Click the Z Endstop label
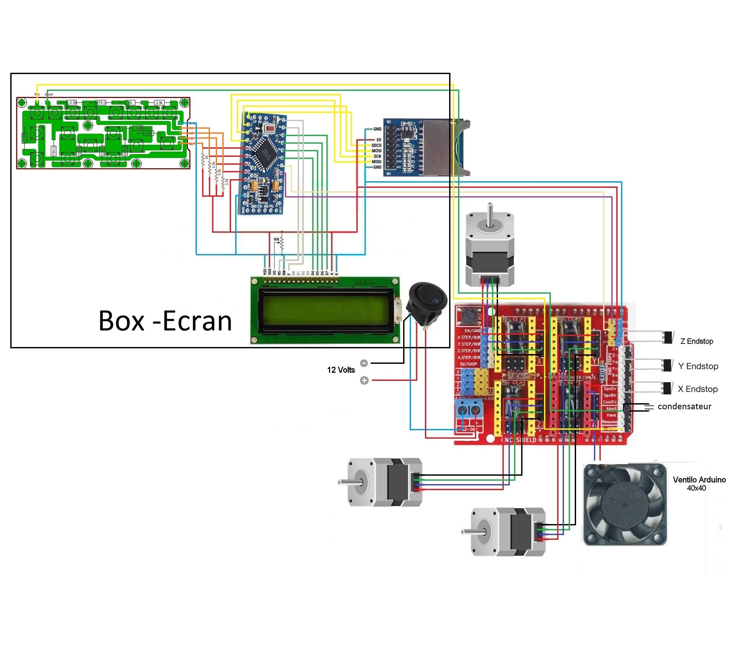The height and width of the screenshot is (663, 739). click(696, 341)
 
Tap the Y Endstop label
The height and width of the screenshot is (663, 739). click(698, 366)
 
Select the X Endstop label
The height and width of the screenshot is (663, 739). click(697, 389)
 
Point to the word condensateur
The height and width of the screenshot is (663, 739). click(684, 407)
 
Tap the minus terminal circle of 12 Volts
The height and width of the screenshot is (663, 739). click(364, 363)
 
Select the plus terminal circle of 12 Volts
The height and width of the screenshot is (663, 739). click(364, 381)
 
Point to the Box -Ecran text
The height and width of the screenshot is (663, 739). click(165, 321)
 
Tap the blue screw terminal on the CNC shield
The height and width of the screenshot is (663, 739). click(469, 411)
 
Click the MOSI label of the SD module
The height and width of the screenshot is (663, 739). click(376, 151)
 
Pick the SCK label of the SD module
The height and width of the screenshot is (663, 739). click(377, 156)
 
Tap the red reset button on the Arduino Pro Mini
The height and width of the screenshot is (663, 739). click(270, 128)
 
